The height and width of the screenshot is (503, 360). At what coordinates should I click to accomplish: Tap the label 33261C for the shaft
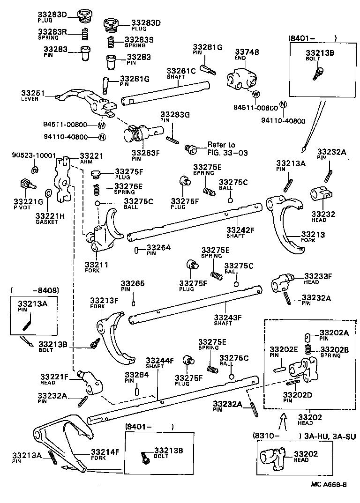181,71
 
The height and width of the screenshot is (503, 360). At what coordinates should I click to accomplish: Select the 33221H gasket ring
48,194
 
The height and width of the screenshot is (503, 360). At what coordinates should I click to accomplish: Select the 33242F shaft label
240,230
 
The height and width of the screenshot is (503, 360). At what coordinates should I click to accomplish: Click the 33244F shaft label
159,360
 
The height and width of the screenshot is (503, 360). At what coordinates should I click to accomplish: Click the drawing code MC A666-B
329,485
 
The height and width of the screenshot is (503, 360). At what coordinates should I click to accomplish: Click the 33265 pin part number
133,284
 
